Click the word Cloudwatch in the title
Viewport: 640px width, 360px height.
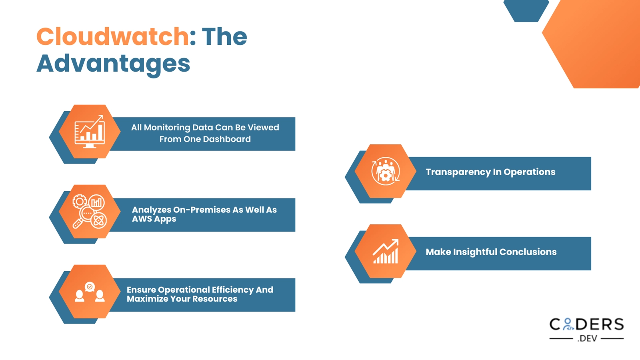coord(112,37)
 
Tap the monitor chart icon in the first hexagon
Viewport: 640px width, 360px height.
coord(90,132)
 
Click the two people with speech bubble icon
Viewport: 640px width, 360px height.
coord(90,292)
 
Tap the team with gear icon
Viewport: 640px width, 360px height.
coord(385,171)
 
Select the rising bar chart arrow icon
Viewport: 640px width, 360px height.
coord(386,252)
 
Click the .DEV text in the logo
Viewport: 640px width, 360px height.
coord(587,338)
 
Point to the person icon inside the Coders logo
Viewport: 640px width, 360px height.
coord(568,324)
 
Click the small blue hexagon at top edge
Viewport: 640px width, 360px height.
coord(526,10)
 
